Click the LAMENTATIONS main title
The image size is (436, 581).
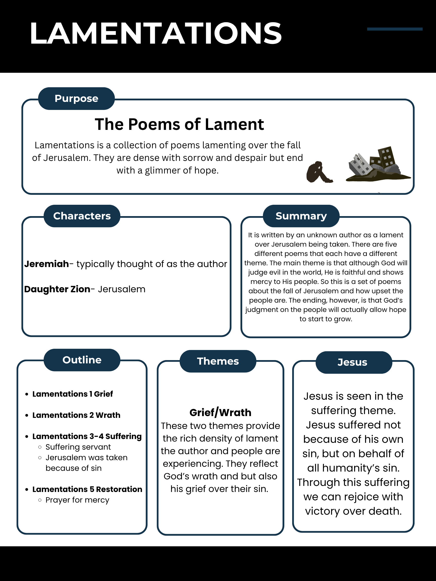tap(156, 33)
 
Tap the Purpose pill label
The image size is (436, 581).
tap(76, 99)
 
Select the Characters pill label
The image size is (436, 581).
tap(82, 216)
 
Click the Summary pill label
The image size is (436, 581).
tap(301, 216)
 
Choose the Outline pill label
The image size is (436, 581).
tap(82, 360)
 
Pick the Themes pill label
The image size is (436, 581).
tap(218, 361)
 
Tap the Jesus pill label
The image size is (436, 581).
tap(352, 362)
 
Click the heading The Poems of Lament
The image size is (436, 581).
tap(179, 124)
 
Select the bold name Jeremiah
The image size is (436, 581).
tap(46, 264)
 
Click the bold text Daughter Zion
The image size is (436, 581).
tap(57, 289)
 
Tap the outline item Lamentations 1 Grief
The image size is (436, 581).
tap(72, 394)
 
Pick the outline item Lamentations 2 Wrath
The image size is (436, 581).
tap(76, 415)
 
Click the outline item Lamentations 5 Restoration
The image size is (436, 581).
tap(87, 489)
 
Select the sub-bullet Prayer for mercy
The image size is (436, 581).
tap(77, 500)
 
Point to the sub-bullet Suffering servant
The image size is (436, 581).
tap(78, 447)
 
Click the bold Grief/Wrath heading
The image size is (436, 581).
tap(220, 413)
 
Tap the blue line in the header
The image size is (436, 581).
tap(394, 29)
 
